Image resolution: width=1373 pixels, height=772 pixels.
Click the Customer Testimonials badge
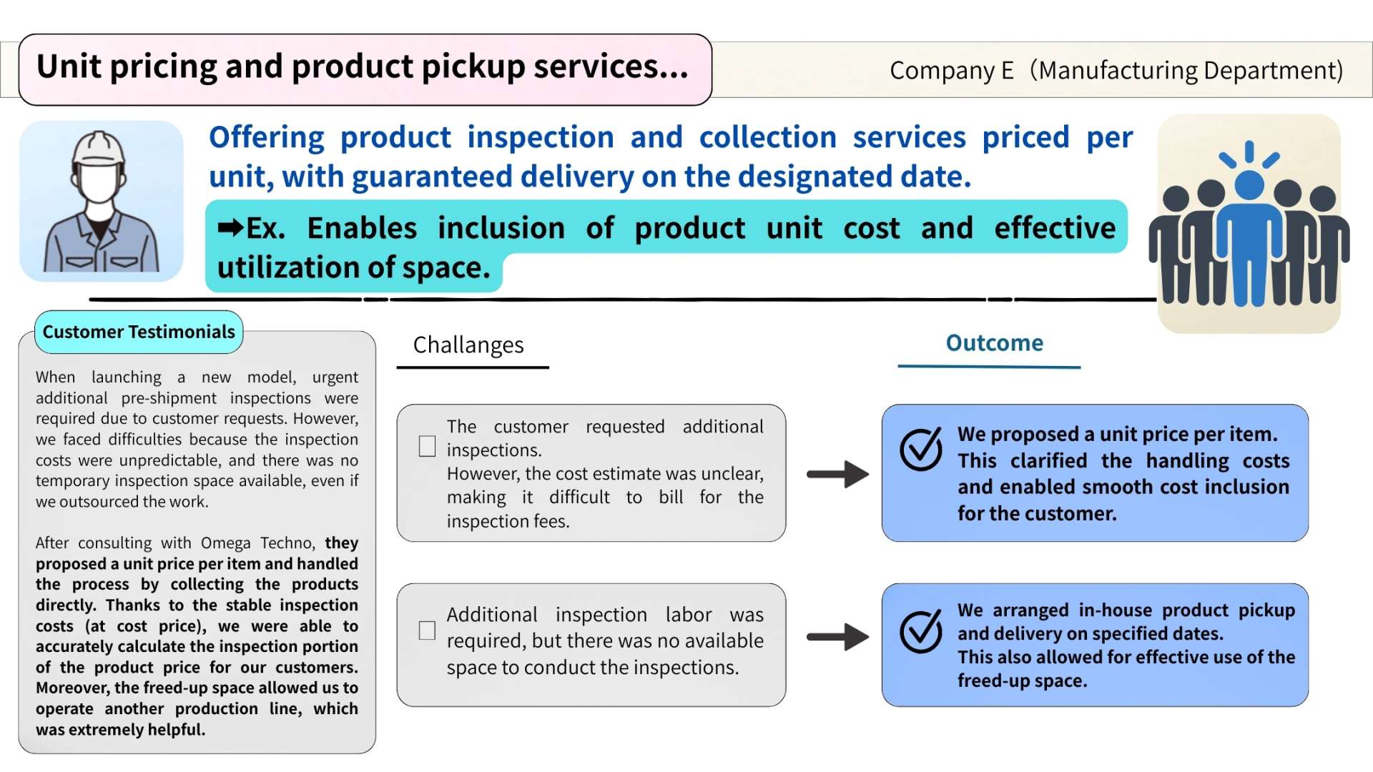[x=139, y=332]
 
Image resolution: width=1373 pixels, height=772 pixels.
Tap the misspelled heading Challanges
[x=468, y=345]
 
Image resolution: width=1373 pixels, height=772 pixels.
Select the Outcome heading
[x=994, y=343]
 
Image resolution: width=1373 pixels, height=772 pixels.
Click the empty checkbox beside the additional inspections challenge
[x=427, y=446]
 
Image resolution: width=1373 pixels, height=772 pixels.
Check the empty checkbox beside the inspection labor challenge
[x=427, y=630]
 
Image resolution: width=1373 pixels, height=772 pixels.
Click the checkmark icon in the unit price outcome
[x=921, y=449]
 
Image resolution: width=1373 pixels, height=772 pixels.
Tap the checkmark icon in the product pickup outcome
[x=921, y=631]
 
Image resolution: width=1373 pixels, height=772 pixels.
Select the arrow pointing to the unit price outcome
[x=837, y=474]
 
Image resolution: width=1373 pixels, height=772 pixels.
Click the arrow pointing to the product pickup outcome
[x=837, y=637]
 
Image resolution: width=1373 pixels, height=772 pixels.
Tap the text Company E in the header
[x=952, y=70]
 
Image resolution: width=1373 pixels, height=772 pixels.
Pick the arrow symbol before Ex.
[x=231, y=228]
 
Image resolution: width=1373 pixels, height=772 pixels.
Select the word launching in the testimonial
[x=126, y=377]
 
